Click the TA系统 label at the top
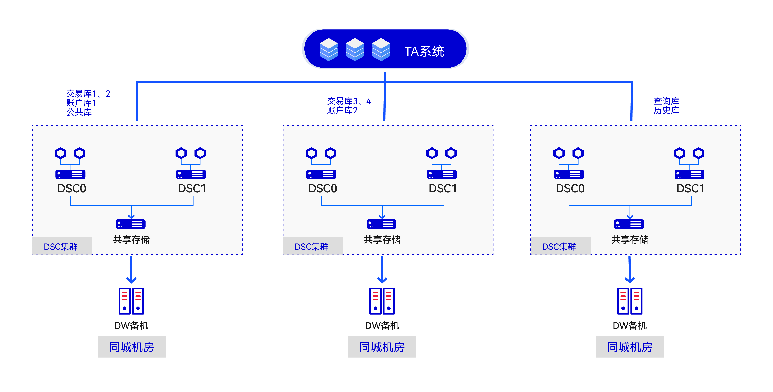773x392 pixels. tap(424, 51)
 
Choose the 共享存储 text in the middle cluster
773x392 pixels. tap(382, 240)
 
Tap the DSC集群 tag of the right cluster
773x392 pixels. tap(559, 247)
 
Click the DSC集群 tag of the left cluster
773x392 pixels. tap(61, 247)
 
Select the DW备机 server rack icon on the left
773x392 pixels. tap(131, 301)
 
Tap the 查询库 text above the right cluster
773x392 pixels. tap(666, 101)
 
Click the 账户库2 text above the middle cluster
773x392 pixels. tap(342, 110)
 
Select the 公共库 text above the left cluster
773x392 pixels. tap(79, 112)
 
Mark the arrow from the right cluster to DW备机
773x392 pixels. tap(630, 270)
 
